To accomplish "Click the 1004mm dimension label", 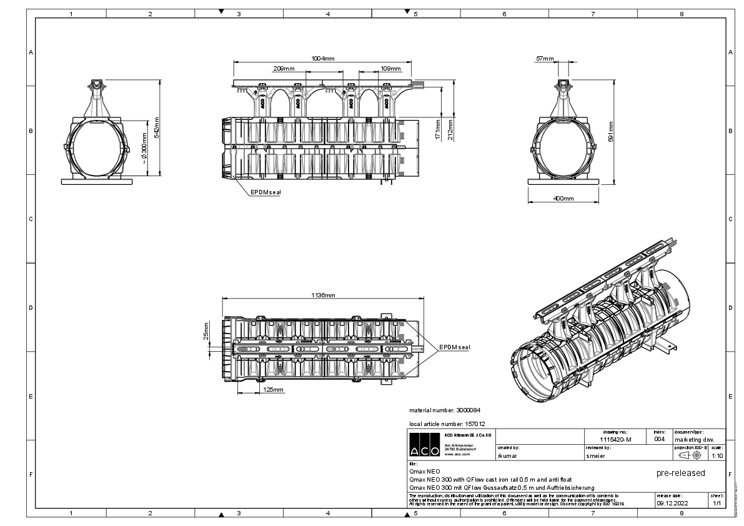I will point(323,58).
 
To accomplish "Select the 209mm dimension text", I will point(284,68).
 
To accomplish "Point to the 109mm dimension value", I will point(390,68).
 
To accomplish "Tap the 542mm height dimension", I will point(157,127).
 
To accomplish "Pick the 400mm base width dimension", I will point(563,198).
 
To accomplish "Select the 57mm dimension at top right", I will point(544,59).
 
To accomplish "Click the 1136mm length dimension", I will point(323,295).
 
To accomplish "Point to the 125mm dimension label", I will point(273,390).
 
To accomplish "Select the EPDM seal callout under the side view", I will point(265,192).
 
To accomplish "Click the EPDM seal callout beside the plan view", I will point(454,347).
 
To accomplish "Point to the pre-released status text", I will point(680,473).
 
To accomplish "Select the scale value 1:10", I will point(717,455).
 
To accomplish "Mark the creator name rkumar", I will point(507,456).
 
